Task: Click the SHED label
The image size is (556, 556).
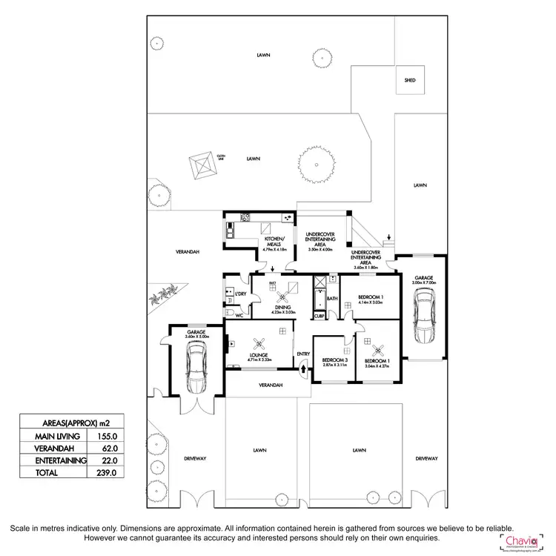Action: coord(410,80)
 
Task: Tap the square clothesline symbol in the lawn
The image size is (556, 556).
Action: coord(202,166)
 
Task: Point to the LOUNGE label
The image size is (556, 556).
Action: coord(258,356)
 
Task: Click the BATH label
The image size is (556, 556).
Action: coord(332,299)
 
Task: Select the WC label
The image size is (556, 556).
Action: coord(239,315)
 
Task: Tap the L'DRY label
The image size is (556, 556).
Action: coord(240,294)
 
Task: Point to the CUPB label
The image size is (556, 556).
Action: coord(319,315)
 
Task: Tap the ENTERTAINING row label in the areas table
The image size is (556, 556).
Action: coord(53,460)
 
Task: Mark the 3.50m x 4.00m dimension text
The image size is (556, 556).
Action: coord(322,250)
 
